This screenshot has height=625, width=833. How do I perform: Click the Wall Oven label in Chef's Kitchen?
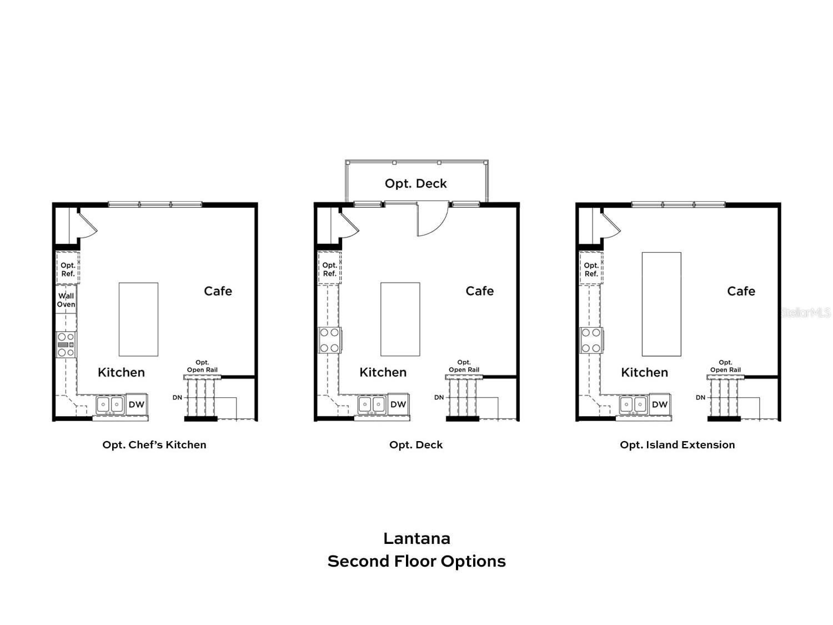click(x=66, y=300)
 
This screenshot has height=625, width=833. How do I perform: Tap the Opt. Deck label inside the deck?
click(x=415, y=183)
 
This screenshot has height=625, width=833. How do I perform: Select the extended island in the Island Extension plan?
click(x=661, y=304)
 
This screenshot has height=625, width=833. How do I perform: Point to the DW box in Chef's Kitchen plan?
click(x=137, y=404)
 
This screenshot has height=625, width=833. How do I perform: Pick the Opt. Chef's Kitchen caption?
click(x=154, y=444)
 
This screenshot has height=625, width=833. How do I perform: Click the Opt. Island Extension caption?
click(x=677, y=444)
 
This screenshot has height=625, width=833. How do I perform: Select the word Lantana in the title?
click(x=416, y=538)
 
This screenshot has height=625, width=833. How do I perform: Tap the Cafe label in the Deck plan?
click(x=479, y=291)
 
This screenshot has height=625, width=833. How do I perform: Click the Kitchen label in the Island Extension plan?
click(x=644, y=372)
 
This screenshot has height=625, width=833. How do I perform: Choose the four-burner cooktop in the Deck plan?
click(x=329, y=340)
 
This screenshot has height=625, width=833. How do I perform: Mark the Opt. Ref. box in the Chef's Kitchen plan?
click(x=68, y=269)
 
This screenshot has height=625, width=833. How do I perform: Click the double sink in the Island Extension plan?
click(x=633, y=404)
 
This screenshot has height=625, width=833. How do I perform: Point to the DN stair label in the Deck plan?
click(x=439, y=397)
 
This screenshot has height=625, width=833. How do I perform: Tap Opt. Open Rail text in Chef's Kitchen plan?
click(x=202, y=366)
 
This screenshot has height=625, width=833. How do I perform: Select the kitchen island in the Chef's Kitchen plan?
click(x=138, y=319)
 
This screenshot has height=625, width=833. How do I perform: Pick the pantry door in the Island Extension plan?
click(x=611, y=223)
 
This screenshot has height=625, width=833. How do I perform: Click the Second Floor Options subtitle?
click(x=416, y=561)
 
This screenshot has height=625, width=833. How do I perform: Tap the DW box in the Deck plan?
click(x=398, y=404)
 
